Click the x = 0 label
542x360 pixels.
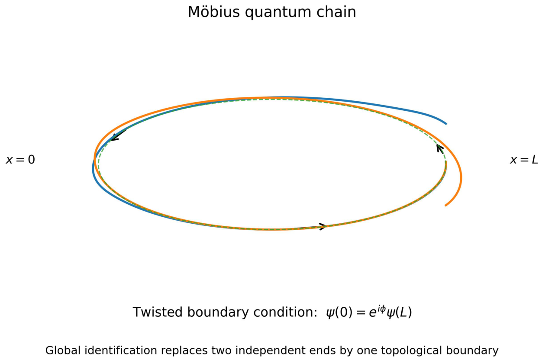coord(21,160)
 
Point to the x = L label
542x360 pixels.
coord(524,160)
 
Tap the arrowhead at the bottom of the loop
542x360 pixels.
coord(323,227)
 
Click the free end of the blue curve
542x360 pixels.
coord(446,124)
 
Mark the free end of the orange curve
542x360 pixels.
coord(445,206)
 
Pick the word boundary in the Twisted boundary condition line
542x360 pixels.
coord(218,313)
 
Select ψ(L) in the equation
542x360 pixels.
coord(399,312)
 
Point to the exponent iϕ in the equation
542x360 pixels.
coord(381,309)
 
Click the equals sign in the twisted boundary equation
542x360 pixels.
coord(361,312)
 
